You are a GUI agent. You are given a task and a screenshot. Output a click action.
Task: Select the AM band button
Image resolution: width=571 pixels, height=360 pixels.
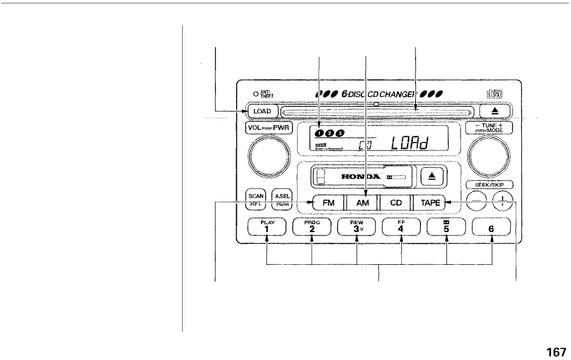pos(362,202)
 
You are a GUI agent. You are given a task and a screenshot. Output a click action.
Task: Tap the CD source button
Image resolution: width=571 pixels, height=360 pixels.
pos(395,202)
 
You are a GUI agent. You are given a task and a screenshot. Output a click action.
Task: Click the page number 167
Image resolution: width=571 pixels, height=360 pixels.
pos(556,352)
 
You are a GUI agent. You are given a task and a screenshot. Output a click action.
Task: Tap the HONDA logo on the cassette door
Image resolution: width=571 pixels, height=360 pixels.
pos(355,176)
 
